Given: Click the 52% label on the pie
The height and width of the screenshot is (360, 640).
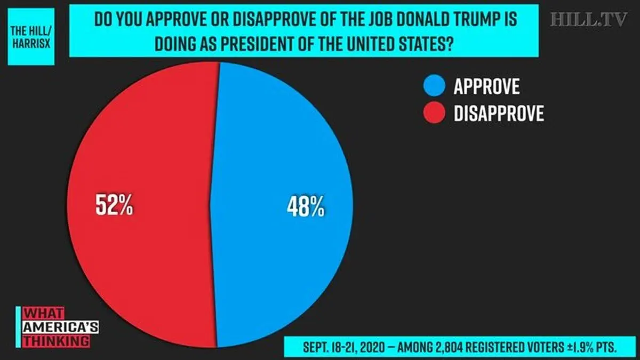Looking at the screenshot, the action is point(114,205).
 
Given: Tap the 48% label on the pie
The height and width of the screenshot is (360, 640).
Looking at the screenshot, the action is point(306,206).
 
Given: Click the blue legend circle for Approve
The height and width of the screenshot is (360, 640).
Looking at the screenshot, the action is point(434,85).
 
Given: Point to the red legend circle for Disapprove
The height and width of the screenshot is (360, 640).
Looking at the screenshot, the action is point(434,113).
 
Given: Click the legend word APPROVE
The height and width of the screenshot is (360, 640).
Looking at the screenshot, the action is point(486,86).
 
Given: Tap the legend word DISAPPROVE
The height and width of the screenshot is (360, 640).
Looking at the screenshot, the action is point(499,113).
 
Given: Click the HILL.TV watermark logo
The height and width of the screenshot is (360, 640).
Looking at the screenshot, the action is point(589,19).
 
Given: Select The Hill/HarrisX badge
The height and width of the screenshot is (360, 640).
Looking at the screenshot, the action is point(31,37).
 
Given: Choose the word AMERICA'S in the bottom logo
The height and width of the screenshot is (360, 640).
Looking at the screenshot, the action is point(61,327).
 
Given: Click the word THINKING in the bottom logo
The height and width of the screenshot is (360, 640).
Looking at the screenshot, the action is point(57,341).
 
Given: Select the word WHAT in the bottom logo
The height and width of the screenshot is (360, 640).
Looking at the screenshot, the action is point(43,314).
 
